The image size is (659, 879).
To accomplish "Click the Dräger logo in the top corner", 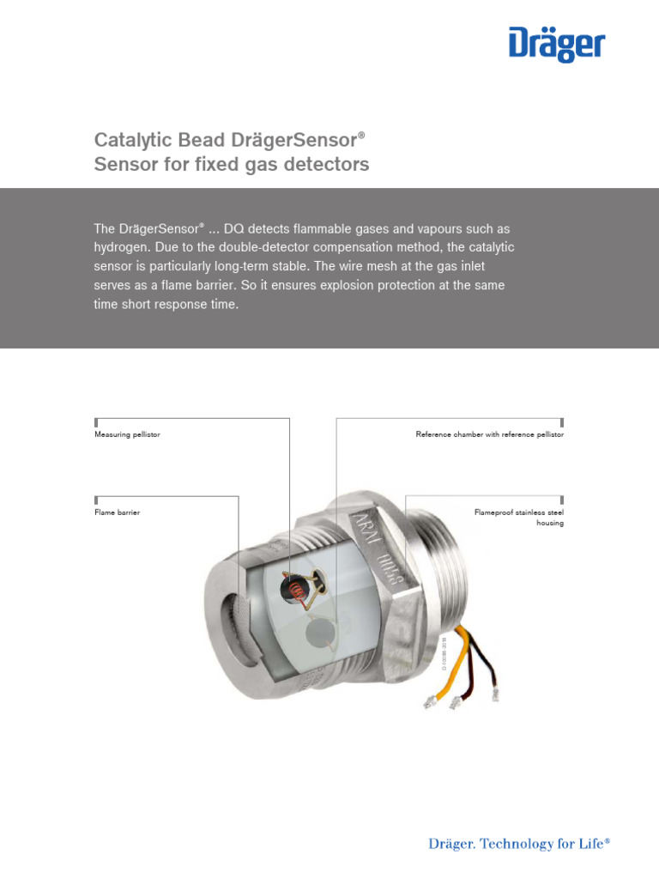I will click(x=556, y=45).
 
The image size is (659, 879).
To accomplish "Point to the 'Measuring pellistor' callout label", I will click(x=127, y=435).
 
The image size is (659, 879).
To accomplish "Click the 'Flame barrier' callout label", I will click(x=117, y=512).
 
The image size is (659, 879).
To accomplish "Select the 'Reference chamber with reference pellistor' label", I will click(x=489, y=435).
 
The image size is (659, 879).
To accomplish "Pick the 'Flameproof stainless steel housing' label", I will click(x=519, y=518).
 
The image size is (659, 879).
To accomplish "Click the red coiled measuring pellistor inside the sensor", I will click(x=298, y=590).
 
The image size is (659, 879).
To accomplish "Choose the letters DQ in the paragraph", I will click(x=234, y=229).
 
